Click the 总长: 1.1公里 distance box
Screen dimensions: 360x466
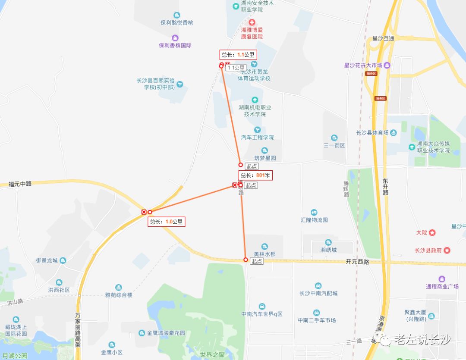[238, 55]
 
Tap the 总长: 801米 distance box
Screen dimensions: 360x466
[255, 175]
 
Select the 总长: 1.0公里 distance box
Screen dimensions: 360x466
[166, 222]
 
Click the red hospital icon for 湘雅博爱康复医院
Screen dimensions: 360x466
[252, 22]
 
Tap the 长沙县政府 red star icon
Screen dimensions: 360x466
[447, 250]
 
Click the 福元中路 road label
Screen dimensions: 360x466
[20, 184]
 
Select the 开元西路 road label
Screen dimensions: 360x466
[357, 262]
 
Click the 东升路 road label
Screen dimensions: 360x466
[385, 187]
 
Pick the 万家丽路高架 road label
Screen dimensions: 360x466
[78, 330]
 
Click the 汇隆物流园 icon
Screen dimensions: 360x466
[314, 213]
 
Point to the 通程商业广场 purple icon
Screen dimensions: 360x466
[442, 279]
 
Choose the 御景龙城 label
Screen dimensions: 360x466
[47, 260]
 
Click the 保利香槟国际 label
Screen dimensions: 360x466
[175, 45]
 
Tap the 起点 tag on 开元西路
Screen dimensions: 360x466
[257, 261]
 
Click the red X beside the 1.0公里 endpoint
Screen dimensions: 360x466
[144, 212]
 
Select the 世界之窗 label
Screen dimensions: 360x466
[212, 354]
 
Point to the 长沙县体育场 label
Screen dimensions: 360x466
[372, 132]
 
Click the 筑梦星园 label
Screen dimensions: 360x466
[265, 158]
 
